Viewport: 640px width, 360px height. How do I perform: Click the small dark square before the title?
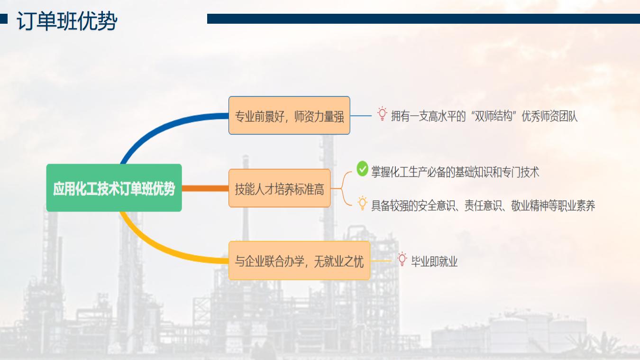[4, 19]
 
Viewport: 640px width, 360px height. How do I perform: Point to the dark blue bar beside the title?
[423, 19]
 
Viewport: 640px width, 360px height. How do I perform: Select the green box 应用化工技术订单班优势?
[114, 188]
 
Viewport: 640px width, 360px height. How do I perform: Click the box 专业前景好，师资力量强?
[289, 116]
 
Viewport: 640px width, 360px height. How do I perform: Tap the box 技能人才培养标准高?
[279, 188]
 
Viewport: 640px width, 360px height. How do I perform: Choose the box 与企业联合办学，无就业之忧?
[299, 260]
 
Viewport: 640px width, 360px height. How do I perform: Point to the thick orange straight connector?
[205, 188]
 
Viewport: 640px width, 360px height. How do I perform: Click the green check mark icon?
[362, 169]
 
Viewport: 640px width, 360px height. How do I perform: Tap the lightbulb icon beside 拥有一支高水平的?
[382, 114]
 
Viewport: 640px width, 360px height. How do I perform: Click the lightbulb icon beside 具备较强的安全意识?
[362, 203]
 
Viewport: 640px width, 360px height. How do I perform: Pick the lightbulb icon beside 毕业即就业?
[402, 259]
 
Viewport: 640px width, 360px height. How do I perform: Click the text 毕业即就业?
[434, 261]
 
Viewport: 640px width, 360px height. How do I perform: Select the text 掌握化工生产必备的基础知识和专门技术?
[455, 172]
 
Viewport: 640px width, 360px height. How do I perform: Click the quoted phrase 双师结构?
[494, 116]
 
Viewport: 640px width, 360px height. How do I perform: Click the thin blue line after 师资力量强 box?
[361, 116]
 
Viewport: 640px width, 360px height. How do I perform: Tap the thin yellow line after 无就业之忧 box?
[381, 261]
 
